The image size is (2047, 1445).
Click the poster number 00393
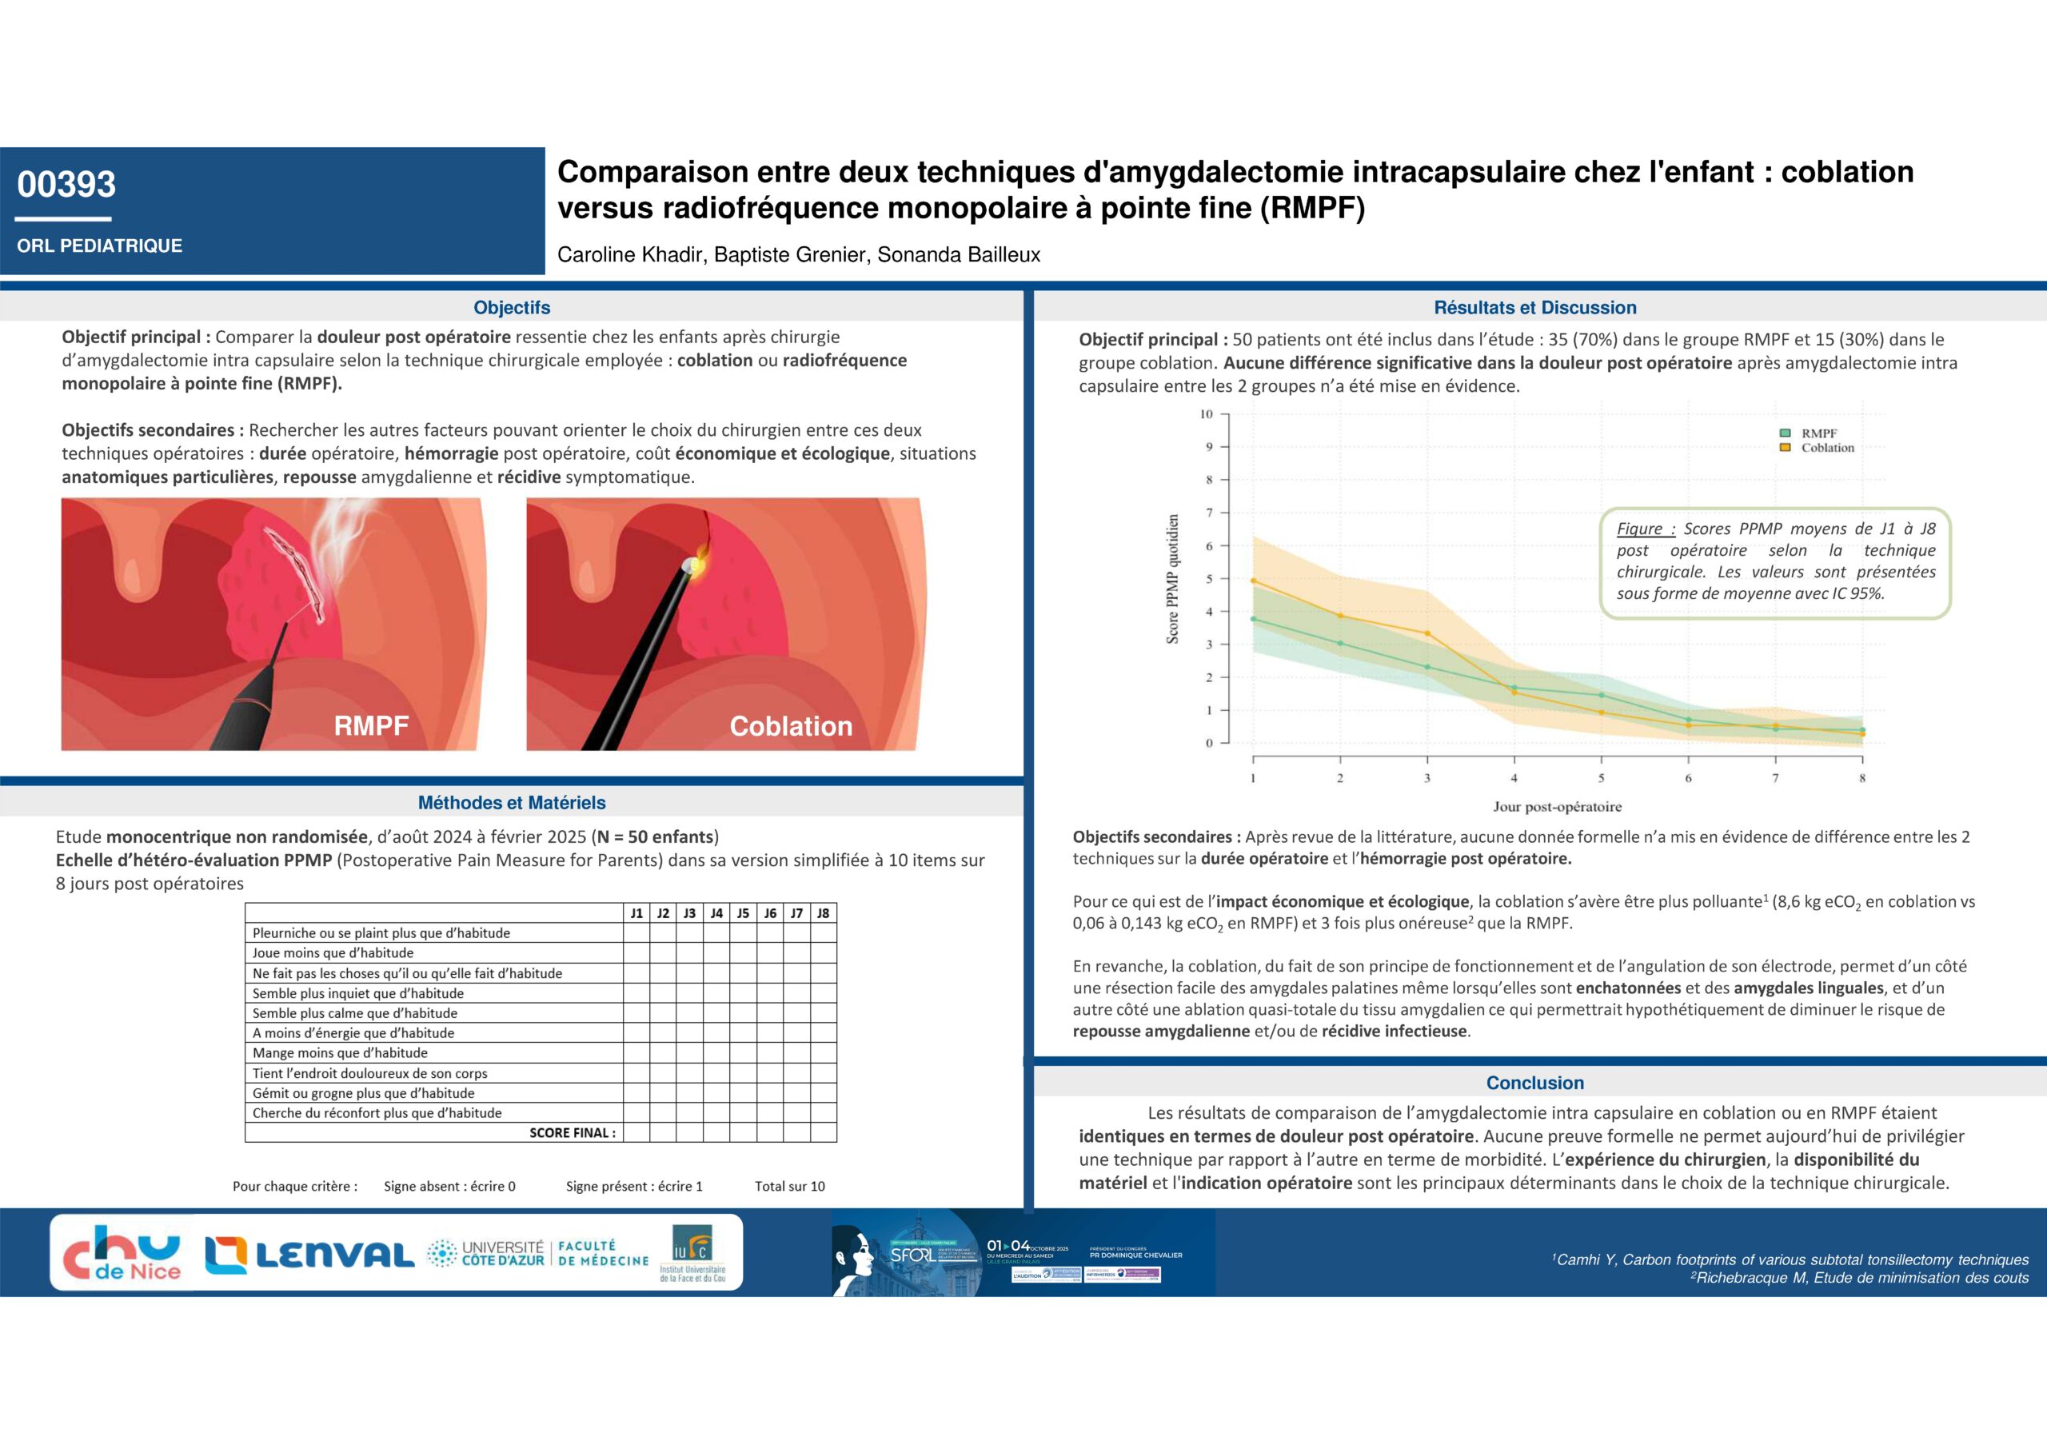pyautogui.click(x=67, y=185)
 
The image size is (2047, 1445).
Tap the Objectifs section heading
pyautogui.click(x=512, y=308)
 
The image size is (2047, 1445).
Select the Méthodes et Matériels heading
pyautogui.click(x=512, y=802)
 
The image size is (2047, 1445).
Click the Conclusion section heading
pyautogui.click(x=1534, y=1083)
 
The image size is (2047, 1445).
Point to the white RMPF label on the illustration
pyautogui.click(x=371, y=725)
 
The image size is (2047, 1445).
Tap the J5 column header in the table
pyautogui.click(x=743, y=912)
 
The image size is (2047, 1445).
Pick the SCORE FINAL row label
pyautogui.click(x=572, y=1133)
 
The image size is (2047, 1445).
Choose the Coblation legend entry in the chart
pyautogui.click(x=1826, y=448)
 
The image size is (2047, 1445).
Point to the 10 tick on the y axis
pyautogui.click(x=1207, y=414)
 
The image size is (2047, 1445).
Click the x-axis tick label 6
pyautogui.click(x=1688, y=778)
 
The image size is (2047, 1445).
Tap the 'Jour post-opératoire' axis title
pyautogui.click(x=1557, y=807)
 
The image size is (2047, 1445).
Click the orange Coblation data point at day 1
pyautogui.click(x=1254, y=581)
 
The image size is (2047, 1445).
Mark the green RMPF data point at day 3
pyautogui.click(x=1427, y=667)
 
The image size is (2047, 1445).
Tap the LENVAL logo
pyautogui.click(x=309, y=1255)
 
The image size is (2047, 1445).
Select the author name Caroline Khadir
pyautogui.click(x=630, y=255)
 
